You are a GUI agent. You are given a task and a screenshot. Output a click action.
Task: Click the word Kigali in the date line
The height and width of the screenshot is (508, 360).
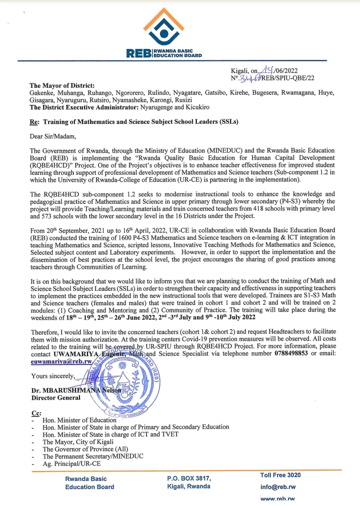click(239, 71)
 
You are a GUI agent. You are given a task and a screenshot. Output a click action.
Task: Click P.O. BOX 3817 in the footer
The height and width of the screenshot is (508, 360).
click(189, 479)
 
